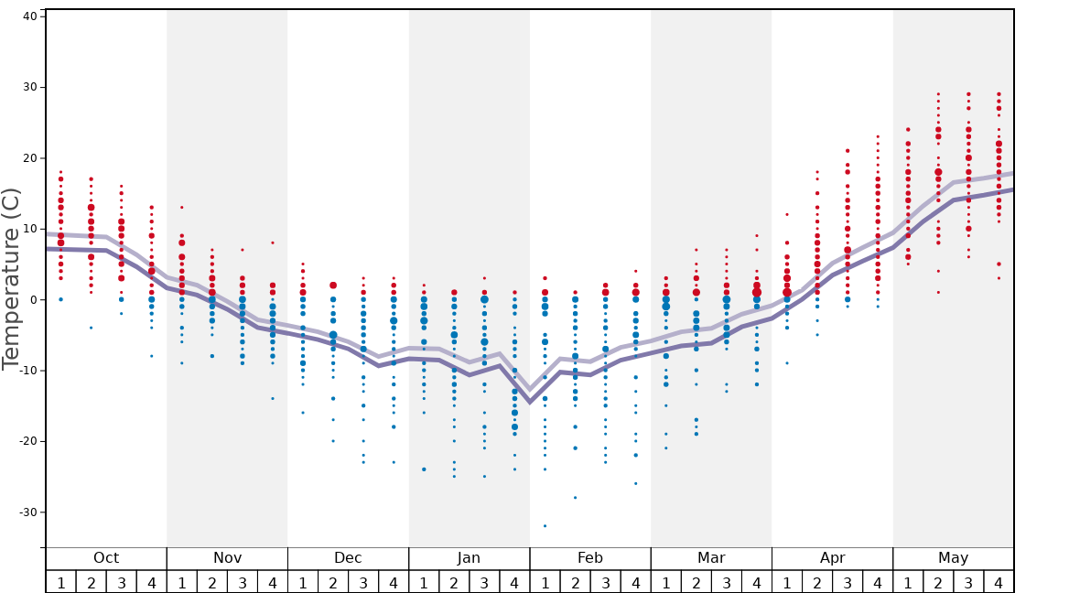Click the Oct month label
(106, 558)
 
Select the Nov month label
(227, 558)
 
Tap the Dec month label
(348, 558)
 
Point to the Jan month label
(469, 558)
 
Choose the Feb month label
(589, 558)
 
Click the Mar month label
(711, 558)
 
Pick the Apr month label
(832, 558)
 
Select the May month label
(953, 558)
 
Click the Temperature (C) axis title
(11, 278)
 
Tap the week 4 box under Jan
(514, 582)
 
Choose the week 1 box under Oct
(60, 582)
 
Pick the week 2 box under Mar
(696, 582)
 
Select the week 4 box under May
(999, 582)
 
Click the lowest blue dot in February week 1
(545, 525)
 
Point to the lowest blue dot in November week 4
(272, 398)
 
